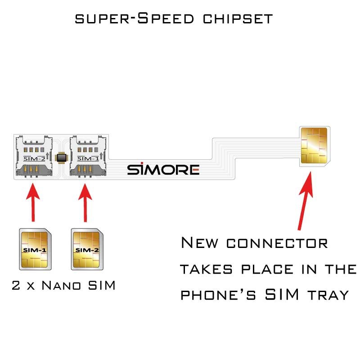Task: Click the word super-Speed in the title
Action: [135, 19]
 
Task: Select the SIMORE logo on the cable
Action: [163, 169]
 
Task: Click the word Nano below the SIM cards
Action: [66, 285]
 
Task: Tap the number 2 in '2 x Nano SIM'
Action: [16, 285]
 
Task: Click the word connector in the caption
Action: [277, 243]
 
